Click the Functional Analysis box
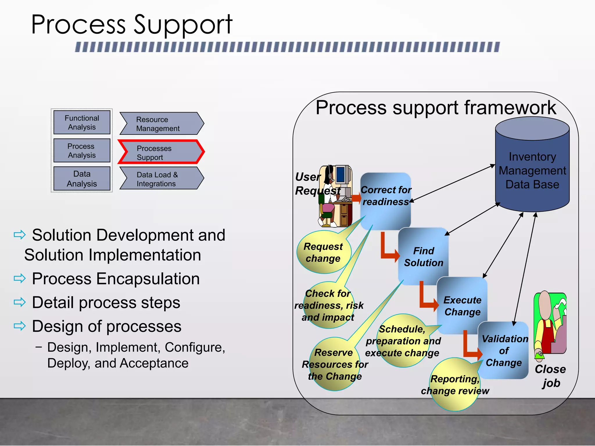tap(82, 122)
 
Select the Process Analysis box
tap(82, 150)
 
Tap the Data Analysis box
tap(82, 179)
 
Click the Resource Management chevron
tap(161, 124)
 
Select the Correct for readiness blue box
tap(386, 200)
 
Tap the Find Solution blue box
tap(423, 256)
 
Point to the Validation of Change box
tap(504, 350)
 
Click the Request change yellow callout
tap(323, 252)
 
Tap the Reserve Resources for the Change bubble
tap(335, 364)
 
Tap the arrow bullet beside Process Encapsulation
tap(20, 278)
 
